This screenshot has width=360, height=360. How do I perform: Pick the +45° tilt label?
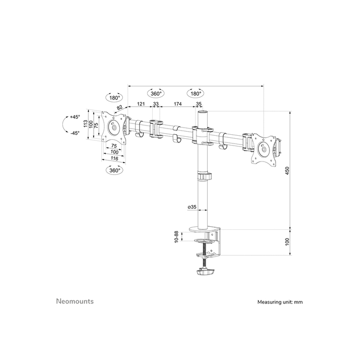75,117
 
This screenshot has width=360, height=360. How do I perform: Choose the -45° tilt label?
75,133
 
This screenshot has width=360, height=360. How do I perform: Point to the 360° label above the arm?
156,94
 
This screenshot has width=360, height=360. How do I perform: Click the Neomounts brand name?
75,301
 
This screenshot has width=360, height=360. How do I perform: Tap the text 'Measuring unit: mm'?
280,302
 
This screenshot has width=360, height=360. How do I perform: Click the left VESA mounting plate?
113,127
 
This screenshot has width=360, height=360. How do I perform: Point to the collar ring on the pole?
204,176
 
